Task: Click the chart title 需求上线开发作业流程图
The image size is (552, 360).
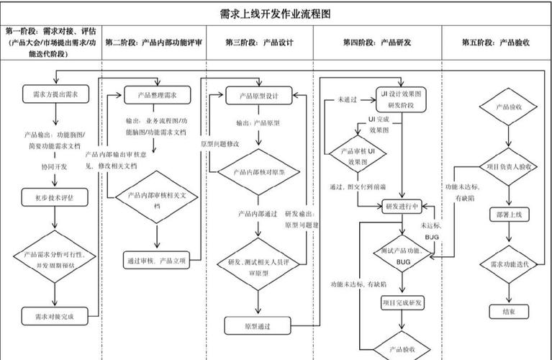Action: (x=276, y=14)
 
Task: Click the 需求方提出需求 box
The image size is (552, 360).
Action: (x=55, y=94)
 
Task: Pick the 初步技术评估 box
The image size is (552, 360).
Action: (x=55, y=196)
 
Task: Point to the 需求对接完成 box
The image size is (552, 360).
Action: (x=55, y=316)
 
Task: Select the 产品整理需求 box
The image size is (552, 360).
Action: (x=156, y=94)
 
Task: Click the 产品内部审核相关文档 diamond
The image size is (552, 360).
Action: (x=156, y=199)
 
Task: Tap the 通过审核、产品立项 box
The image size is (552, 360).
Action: (x=156, y=261)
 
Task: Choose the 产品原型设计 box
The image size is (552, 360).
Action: (x=258, y=95)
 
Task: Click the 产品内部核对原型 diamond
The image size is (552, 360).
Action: (x=258, y=173)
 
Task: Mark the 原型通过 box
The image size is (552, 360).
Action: (x=257, y=326)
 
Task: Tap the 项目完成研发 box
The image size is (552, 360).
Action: (x=402, y=302)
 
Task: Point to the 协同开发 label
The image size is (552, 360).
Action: (x=54, y=166)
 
